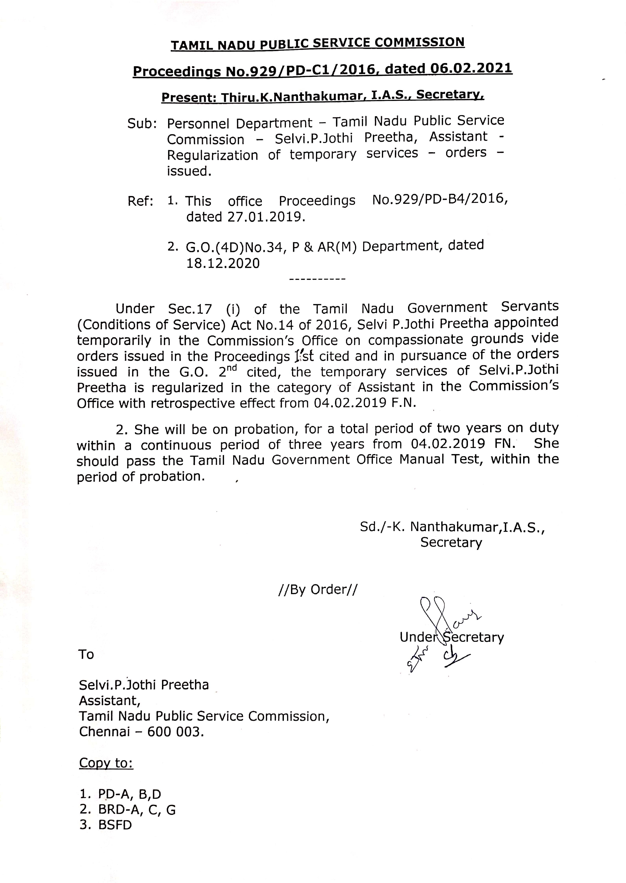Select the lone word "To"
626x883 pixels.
pyautogui.click(x=86, y=654)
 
